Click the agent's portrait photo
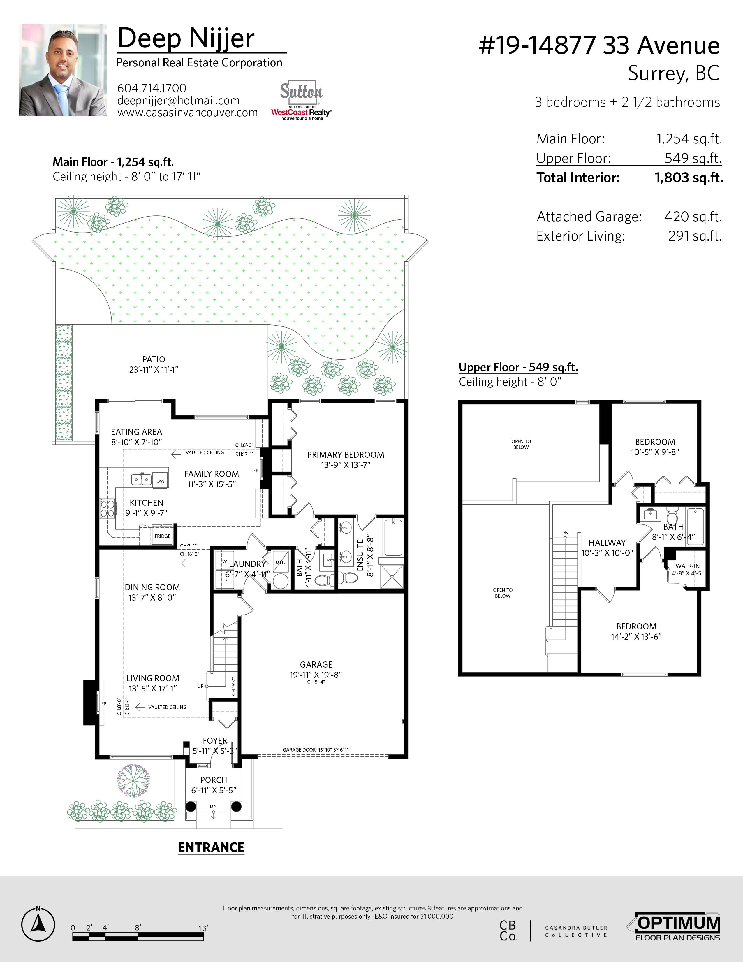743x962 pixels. click(63, 70)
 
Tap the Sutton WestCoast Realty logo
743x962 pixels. click(302, 101)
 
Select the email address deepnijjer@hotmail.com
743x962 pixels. click(178, 101)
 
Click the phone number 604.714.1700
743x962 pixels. click(152, 88)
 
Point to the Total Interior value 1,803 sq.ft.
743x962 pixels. click(689, 178)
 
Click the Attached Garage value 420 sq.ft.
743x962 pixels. click(693, 217)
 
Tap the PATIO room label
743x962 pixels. click(154, 359)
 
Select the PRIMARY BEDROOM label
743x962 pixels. click(346, 454)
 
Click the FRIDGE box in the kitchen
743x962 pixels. click(162, 536)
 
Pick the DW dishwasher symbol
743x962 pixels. click(160, 481)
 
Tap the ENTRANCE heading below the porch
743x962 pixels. click(211, 847)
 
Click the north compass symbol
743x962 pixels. click(38, 924)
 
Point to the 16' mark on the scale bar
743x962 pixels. click(203, 928)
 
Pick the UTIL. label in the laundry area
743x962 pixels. click(281, 562)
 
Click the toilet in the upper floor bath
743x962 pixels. click(672, 515)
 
